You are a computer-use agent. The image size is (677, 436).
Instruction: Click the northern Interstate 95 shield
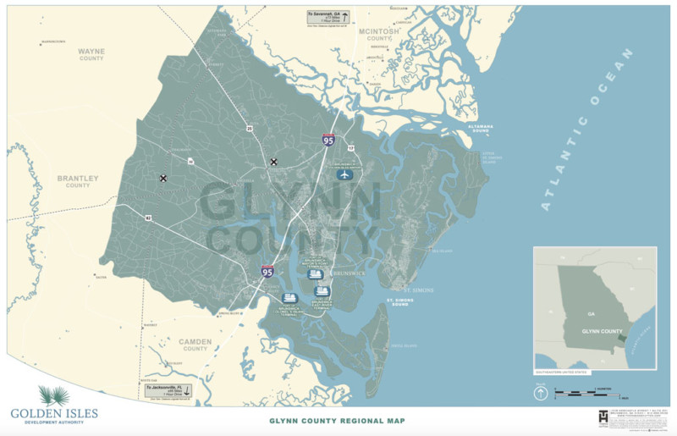327,141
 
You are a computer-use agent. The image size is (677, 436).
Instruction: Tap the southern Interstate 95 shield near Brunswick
267,272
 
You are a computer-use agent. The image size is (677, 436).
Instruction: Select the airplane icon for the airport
344,174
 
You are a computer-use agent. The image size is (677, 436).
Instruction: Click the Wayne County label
91,55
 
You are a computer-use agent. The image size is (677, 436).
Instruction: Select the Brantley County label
78,181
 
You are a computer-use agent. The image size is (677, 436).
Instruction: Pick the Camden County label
195,345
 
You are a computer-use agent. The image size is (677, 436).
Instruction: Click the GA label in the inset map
591,312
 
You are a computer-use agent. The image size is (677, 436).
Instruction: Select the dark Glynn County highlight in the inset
622,338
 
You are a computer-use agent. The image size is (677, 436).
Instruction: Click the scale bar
592,393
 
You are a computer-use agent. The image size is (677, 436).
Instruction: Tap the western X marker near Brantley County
162,179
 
